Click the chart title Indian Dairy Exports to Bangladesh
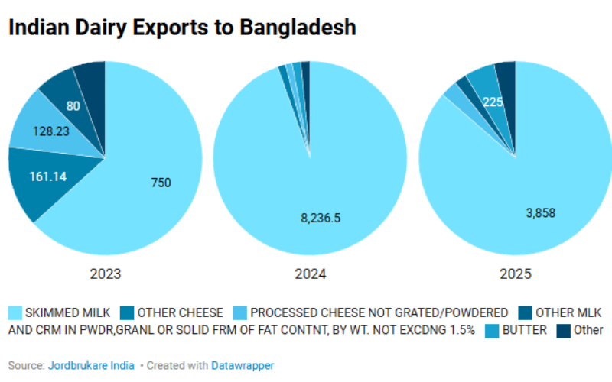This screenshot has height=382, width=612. (182, 28)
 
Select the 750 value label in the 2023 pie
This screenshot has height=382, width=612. (161, 183)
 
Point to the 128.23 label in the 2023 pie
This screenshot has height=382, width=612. (51, 131)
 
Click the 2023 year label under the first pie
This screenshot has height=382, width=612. (105, 274)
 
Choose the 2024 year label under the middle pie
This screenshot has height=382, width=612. (310, 274)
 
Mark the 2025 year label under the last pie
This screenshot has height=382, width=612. (515, 274)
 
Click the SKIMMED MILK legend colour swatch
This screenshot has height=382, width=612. (15, 312)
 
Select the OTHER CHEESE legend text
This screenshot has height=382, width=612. (181, 312)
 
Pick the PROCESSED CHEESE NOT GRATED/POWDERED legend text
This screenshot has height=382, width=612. (379, 312)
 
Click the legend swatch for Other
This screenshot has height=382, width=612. (563, 330)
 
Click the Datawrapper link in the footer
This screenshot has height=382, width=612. (243, 366)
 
